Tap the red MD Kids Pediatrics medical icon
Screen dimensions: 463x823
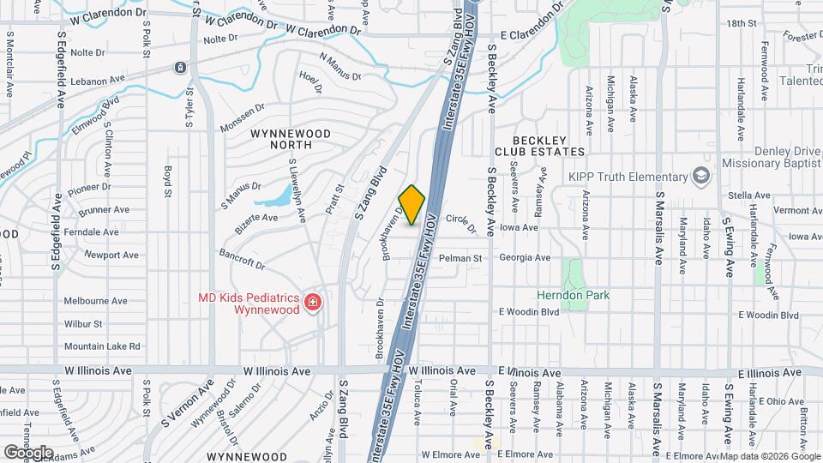click(313, 302)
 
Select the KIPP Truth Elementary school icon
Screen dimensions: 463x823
click(703, 177)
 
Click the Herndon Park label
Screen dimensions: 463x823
click(573, 295)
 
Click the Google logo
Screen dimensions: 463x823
click(28, 452)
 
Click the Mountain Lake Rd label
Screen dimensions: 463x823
click(101, 346)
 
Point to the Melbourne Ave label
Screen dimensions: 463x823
click(95, 301)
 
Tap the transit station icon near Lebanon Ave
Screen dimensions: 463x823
click(181, 67)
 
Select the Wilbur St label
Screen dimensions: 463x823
click(83, 324)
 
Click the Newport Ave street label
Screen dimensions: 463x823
click(111, 255)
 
